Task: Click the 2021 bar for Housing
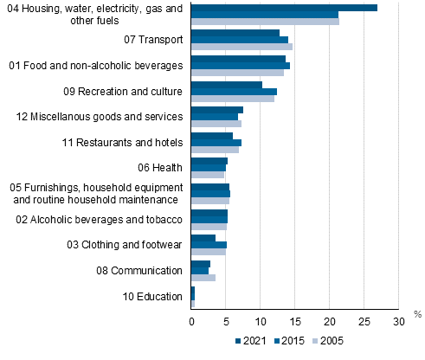[284, 8]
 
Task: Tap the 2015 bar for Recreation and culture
[234, 91]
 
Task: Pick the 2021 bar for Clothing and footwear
[203, 238]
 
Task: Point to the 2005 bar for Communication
[203, 278]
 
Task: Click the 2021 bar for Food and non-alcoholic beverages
[238, 59]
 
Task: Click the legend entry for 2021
[252, 340]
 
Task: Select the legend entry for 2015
[290, 340]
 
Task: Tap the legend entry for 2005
[328, 340]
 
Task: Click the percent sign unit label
[416, 313]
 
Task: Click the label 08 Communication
[140, 270]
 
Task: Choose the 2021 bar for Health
[209, 161]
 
